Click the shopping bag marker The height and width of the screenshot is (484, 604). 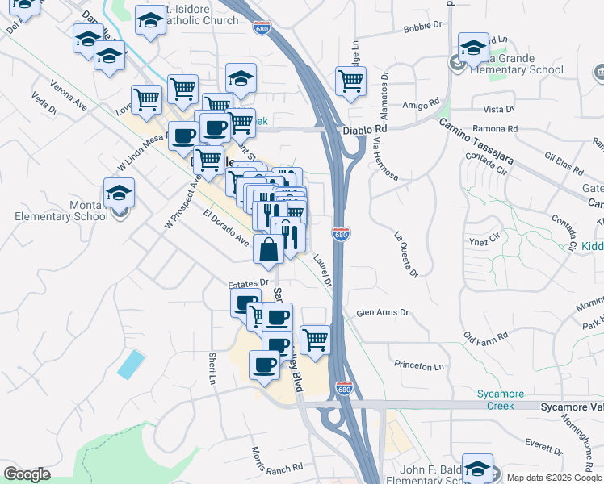point(268,250)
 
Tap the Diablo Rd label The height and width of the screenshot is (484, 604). point(365,128)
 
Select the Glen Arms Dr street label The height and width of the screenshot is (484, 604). point(383,313)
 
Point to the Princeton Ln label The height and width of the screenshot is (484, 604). point(419,365)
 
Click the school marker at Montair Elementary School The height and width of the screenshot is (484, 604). point(119,194)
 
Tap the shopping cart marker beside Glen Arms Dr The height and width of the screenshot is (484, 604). point(315,340)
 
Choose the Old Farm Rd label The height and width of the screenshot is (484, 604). point(485,335)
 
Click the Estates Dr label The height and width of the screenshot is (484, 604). point(247,284)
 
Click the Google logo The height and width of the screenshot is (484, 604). point(27,474)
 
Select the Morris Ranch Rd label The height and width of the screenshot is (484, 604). point(276,460)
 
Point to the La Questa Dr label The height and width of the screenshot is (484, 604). point(405,254)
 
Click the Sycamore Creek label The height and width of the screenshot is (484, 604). point(500,399)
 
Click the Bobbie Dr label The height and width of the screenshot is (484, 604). point(423,26)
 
